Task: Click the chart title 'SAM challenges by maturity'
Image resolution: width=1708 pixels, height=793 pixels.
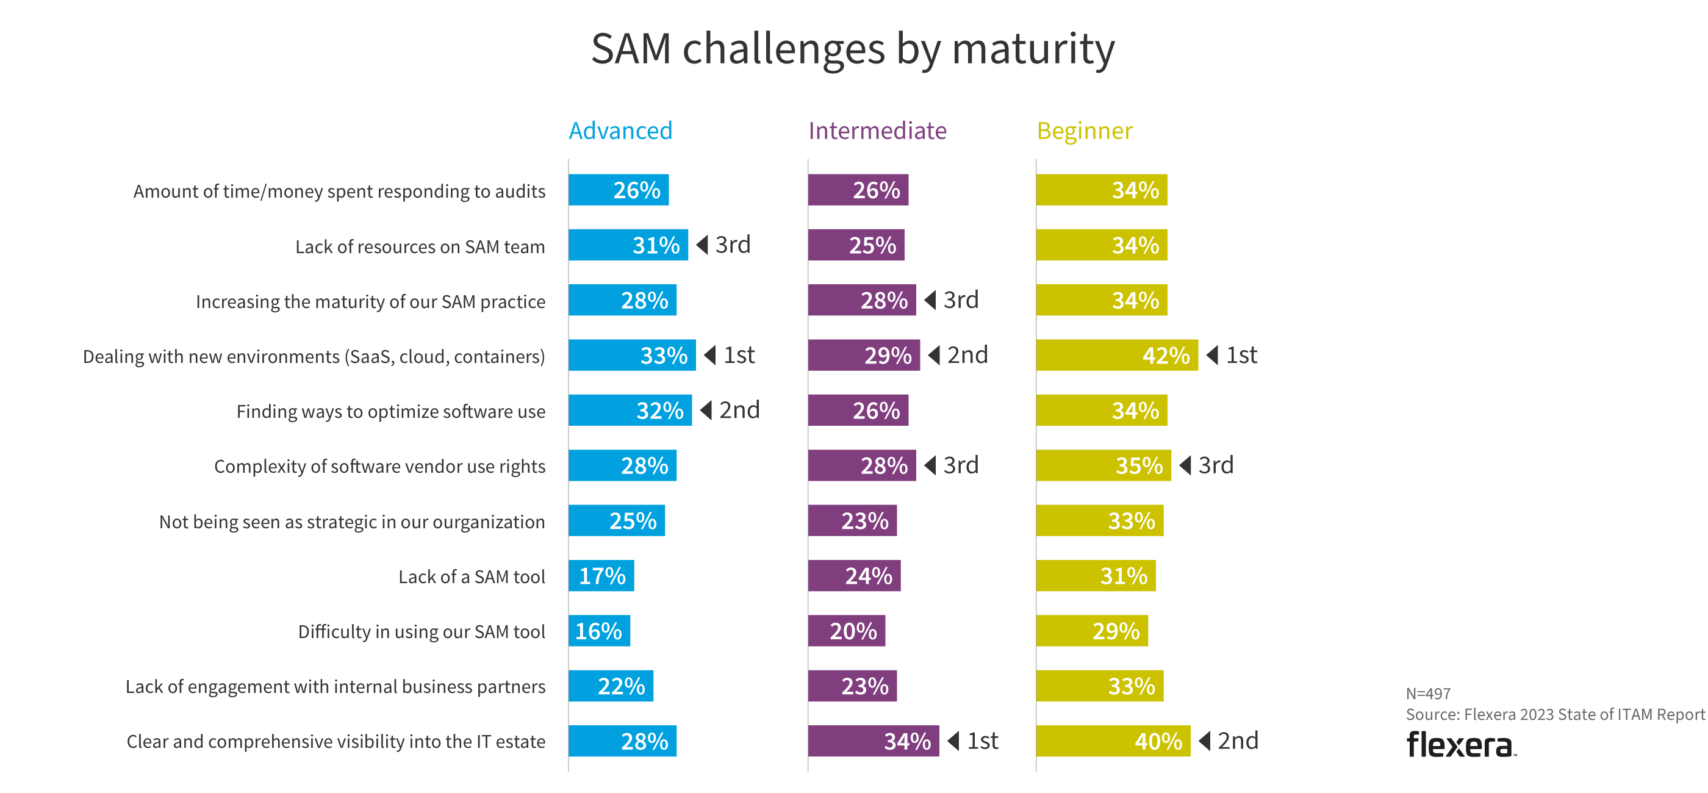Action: click(x=853, y=49)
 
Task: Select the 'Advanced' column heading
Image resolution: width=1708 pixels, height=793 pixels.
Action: click(x=620, y=131)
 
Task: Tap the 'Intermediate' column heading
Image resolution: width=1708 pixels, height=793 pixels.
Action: click(x=877, y=131)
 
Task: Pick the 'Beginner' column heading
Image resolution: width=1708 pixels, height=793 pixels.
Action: click(x=1085, y=131)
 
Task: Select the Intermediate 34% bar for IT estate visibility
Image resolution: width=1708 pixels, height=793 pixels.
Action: click(x=874, y=741)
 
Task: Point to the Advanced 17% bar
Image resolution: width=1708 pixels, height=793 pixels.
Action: click(x=601, y=575)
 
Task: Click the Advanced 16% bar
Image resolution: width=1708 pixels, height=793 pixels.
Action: click(x=599, y=631)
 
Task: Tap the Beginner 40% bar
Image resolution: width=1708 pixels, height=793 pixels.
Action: click(x=1113, y=741)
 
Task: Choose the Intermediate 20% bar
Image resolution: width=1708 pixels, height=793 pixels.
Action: click(x=846, y=631)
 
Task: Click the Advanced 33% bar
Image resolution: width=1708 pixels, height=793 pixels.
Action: click(x=632, y=356)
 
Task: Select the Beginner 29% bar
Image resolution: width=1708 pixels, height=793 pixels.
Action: click(x=1091, y=631)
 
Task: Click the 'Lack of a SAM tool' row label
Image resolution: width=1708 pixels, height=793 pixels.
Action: click(x=472, y=577)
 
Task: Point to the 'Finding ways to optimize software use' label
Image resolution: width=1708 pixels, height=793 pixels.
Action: click(x=390, y=412)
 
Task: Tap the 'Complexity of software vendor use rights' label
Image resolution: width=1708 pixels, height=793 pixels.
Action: click(x=379, y=467)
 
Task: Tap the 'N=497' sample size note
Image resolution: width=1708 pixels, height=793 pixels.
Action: click(x=1428, y=694)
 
